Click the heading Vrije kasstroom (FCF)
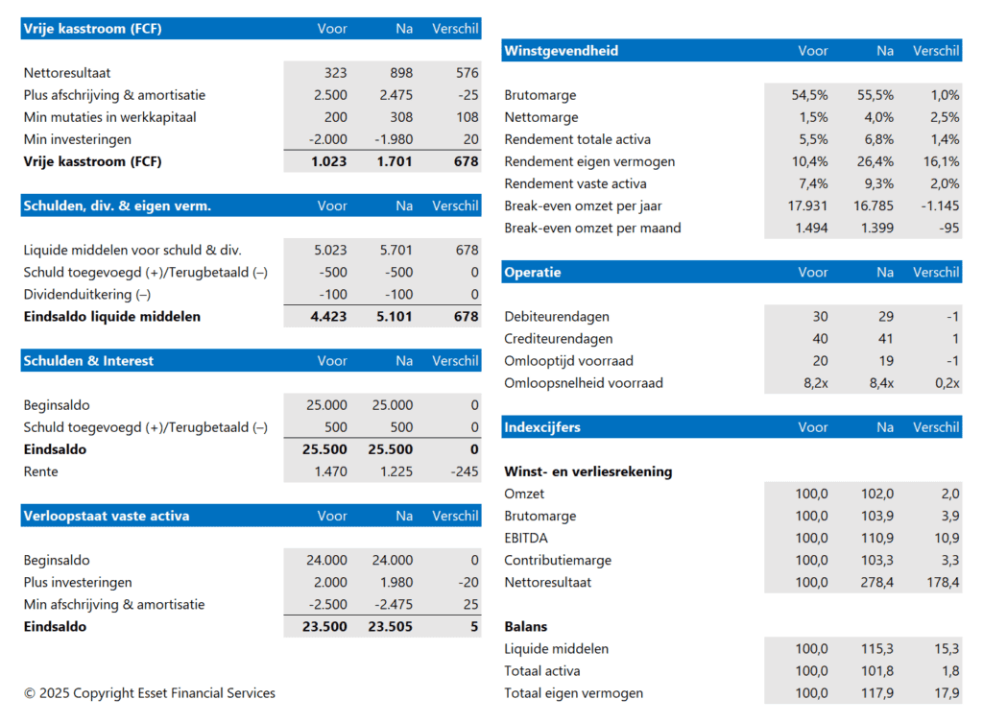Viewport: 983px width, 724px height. pyautogui.click(x=92, y=29)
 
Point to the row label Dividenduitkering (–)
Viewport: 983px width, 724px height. pyautogui.click(x=87, y=295)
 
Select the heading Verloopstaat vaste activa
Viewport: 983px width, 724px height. pyautogui.click(x=106, y=516)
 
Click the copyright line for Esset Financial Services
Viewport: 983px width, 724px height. pyautogui.click(x=150, y=693)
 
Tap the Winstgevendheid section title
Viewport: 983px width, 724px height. pyautogui.click(x=562, y=51)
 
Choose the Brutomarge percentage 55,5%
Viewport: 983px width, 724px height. pyautogui.click(x=875, y=95)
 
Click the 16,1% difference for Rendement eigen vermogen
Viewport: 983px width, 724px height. pyautogui.click(x=940, y=161)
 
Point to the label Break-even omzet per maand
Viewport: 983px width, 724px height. pyautogui.click(x=592, y=228)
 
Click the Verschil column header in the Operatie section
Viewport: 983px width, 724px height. pyautogui.click(x=936, y=272)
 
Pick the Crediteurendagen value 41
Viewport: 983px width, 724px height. pyautogui.click(x=885, y=339)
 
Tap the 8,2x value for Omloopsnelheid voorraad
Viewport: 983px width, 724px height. pyautogui.click(x=811, y=383)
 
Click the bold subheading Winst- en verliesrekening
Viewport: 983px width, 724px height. pyautogui.click(x=587, y=471)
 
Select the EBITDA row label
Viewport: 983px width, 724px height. pyautogui.click(x=529, y=538)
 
